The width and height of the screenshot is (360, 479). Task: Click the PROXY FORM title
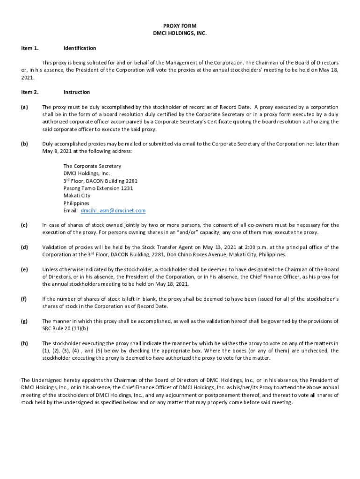coord(180,26)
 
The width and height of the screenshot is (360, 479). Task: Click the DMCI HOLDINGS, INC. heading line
coord(180,34)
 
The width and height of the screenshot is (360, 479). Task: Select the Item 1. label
coord(30,48)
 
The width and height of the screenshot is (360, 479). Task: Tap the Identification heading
coord(79,48)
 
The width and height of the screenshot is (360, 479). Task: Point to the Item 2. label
coord(30,92)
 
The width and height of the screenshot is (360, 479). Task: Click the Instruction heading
coord(77,92)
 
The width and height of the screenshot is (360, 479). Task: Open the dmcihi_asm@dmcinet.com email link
coord(113,211)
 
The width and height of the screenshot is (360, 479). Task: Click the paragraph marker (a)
coord(24,107)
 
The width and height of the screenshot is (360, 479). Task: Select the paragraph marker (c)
coord(24,225)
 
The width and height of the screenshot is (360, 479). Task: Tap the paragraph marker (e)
coord(24,269)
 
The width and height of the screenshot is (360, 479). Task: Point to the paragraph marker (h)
coord(24,343)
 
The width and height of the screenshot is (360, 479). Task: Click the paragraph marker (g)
coord(24,321)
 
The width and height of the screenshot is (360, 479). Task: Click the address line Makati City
coord(77,196)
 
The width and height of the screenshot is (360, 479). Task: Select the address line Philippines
coord(76,203)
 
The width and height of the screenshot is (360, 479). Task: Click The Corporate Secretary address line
coord(92,166)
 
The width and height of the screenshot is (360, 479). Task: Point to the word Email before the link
coord(71,211)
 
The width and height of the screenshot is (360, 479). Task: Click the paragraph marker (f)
coord(24,299)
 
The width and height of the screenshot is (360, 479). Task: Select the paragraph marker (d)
coord(24,247)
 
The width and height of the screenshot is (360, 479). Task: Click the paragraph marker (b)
coord(24,144)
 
